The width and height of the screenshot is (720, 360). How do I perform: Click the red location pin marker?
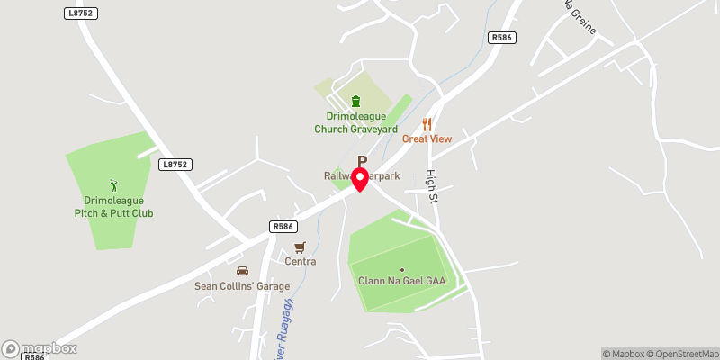(361, 178)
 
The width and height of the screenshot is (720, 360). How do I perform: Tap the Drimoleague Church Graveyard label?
(355, 122)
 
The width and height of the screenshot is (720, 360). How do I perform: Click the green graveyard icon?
(355, 101)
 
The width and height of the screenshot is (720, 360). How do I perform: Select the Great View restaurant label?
(427, 139)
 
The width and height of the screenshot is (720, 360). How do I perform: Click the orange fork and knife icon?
(427, 124)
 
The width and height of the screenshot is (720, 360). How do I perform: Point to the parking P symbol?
(363, 160)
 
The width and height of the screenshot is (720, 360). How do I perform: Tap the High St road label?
(431, 187)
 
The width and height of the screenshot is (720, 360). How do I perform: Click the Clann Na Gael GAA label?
(401, 281)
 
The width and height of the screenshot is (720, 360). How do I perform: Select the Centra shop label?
(301, 262)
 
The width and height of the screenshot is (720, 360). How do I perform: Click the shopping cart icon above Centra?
(301, 247)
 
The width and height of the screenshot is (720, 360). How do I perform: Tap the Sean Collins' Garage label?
(242, 286)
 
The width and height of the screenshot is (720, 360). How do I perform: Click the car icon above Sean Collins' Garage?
(241, 271)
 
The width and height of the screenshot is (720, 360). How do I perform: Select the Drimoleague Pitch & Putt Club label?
(113, 207)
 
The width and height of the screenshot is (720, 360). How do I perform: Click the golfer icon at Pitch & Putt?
(113, 185)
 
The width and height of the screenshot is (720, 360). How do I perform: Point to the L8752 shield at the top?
(81, 13)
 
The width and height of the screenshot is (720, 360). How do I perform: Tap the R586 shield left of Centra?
(283, 228)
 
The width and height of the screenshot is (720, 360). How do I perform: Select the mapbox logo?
(39, 348)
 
